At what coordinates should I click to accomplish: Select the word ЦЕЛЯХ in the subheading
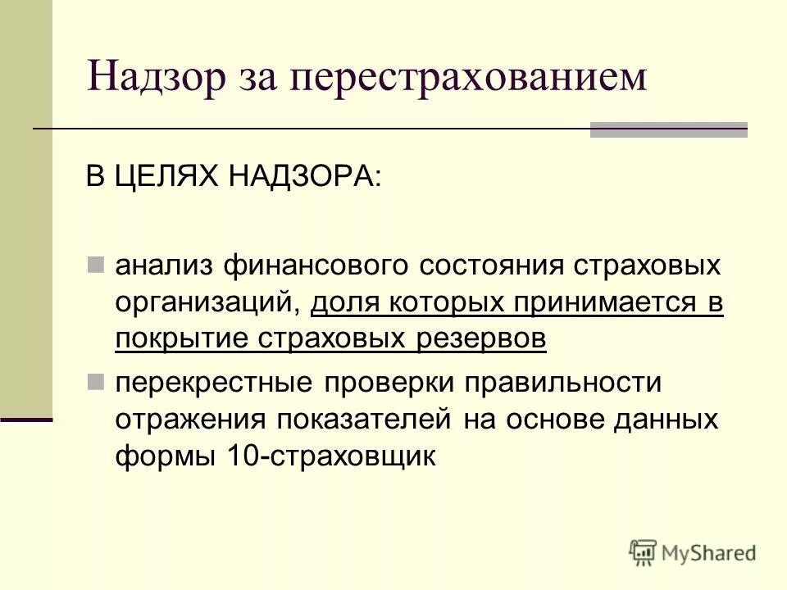[167, 178]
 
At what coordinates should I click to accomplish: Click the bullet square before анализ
[96, 265]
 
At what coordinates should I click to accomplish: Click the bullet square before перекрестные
[96, 381]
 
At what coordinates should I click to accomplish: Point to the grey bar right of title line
[669, 129]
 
